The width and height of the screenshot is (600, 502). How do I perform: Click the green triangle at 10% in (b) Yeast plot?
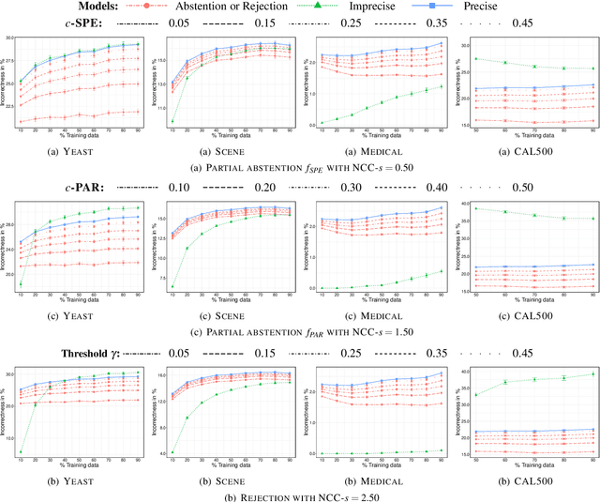20,451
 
